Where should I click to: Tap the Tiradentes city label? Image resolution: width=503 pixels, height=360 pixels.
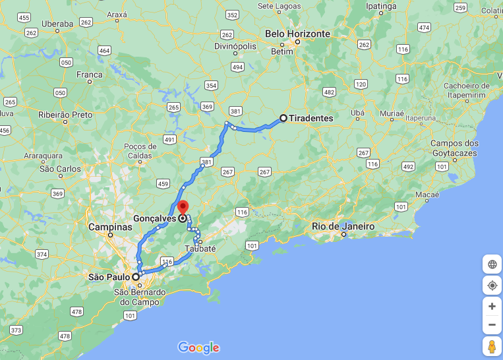311,118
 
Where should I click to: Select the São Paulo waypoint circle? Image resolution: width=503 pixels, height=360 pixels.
136,277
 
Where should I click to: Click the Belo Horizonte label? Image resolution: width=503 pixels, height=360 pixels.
297,33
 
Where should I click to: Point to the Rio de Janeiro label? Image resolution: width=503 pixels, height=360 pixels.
343,226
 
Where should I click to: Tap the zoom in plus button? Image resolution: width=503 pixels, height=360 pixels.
492,306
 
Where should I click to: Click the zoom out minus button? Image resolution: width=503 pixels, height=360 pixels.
492,324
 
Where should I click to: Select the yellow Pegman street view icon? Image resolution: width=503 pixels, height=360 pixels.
492,346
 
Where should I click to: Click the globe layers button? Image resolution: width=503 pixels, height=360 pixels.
492,264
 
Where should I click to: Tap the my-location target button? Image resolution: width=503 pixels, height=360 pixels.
492,285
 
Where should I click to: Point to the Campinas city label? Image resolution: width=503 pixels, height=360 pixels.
110,227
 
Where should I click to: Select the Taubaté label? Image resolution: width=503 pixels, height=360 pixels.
200,248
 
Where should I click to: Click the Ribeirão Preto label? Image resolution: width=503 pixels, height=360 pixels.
65,114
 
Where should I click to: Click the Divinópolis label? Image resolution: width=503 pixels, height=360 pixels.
234,46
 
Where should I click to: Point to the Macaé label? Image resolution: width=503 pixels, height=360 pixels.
427,195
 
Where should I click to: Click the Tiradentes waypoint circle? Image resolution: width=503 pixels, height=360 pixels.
283,118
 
